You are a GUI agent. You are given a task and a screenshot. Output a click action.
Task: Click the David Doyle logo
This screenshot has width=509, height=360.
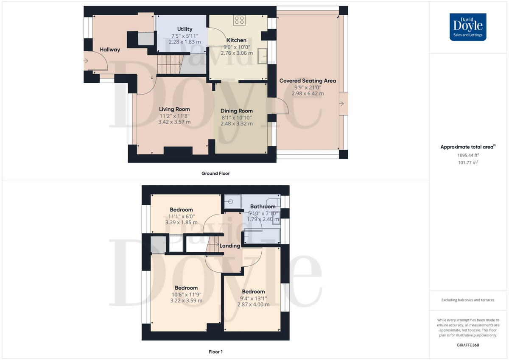coord(468,27)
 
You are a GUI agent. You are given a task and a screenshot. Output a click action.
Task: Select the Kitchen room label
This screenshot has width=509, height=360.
coord(236,40)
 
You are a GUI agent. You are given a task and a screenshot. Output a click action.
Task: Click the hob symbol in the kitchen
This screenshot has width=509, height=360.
coord(239,20)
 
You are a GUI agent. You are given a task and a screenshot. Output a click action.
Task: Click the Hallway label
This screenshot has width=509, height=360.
coord(110,50)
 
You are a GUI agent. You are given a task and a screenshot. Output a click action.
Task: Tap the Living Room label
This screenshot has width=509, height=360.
coord(174,109)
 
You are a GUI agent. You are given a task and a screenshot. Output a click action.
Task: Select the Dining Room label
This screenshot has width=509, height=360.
coord(236,111)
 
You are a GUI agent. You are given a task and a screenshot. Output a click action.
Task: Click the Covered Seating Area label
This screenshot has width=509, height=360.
coord(308,81)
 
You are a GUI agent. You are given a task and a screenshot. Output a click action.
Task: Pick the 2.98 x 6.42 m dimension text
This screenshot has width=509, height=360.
coord(308,93)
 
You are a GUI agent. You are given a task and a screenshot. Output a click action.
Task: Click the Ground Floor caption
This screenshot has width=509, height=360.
coord(215,173)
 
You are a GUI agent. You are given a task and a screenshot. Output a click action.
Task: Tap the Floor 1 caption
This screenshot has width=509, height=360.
coord(215,352)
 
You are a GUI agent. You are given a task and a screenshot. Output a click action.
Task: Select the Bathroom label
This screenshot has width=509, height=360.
coord(263,207)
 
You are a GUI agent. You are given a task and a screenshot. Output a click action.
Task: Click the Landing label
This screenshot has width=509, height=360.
coord(230,246)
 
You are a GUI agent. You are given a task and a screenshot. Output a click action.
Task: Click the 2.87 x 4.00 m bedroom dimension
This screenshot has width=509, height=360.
coord(253,304)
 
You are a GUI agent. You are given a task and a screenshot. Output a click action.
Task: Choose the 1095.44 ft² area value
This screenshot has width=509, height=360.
coord(468,155)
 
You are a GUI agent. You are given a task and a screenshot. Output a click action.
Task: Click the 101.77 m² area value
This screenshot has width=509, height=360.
coord(468,162)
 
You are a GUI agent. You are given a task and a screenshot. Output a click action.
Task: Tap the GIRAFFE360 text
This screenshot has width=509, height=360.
coord(468,345)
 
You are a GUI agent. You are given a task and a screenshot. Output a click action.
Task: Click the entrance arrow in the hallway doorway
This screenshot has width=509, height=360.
coord(86,61)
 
